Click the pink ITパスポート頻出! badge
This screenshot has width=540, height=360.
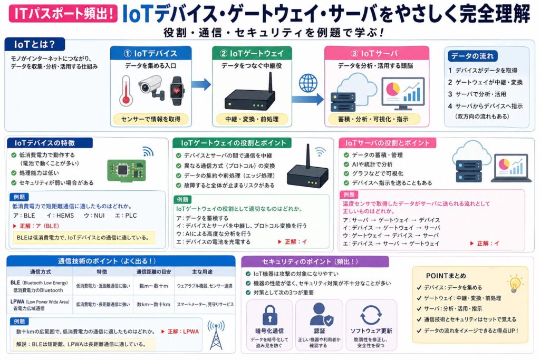pyautogui.click(x=62, y=14)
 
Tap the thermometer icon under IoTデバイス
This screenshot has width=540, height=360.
pyautogui.click(x=124, y=90)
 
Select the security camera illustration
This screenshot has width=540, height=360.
pyautogui.click(x=151, y=86)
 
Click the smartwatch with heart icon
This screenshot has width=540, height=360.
pyautogui.click(x=177, y=88)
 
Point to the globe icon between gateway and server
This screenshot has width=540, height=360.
pyautogui.click(x=307, y=83)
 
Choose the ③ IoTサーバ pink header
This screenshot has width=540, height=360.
pyautogui.click(x=377, y=53)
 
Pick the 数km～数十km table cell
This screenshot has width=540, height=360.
pyautogui.click(x=153, y=304)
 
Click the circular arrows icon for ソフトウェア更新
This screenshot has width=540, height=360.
pyautogui.click(x=371, y=315)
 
